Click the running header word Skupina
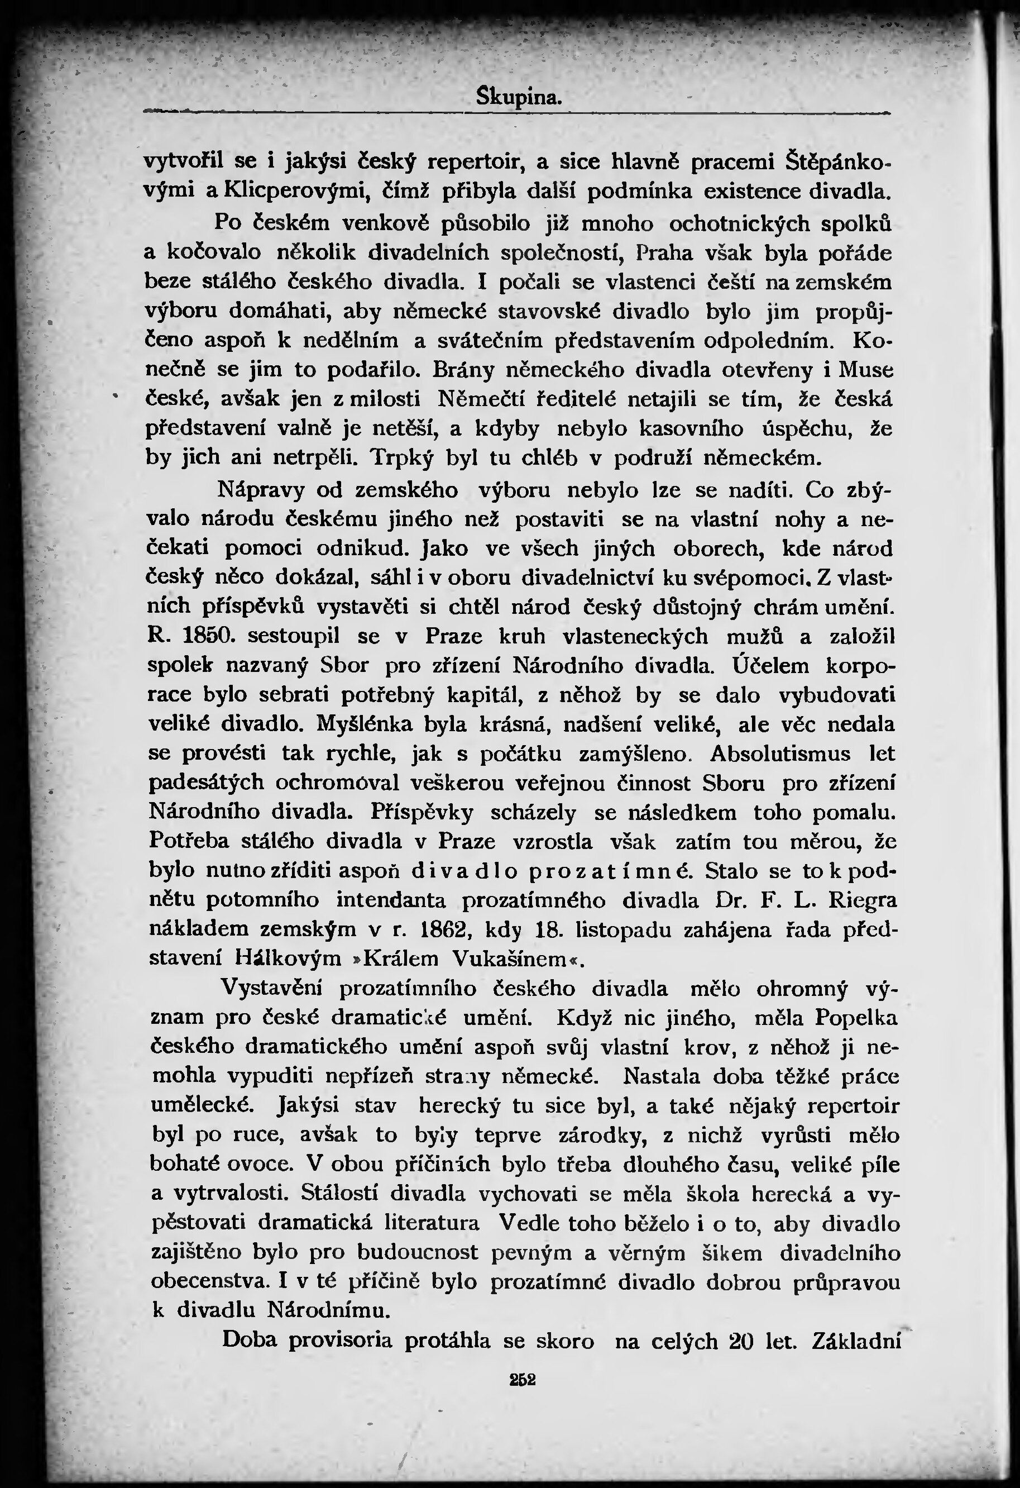[x=520, y=97]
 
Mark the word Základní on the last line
[x=856, y=1341]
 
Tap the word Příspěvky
[x=422, y=812]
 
